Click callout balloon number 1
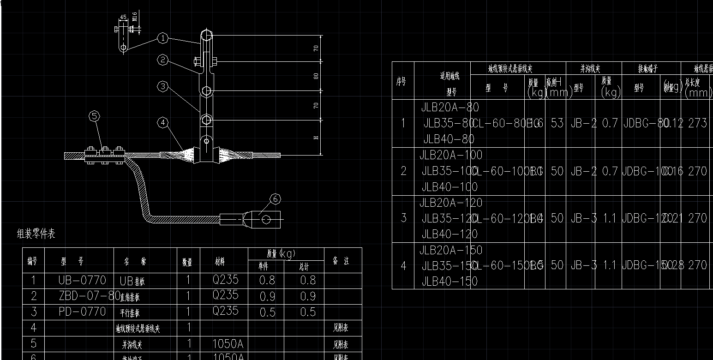[162, 39]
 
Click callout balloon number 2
[162, 60]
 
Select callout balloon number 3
[162, 86]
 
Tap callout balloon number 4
[162, 123]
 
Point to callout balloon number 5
[94, 116]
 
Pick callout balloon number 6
[275, 199]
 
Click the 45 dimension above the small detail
[123, 18]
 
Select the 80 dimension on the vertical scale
[316, 76]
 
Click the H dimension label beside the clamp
[316, 138]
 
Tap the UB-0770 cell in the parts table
[82, 280]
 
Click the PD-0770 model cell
[82, 312]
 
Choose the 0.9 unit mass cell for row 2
[267, 296]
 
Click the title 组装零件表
[36, 234]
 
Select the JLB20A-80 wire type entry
[450, 108]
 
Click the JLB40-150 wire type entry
[450, 281]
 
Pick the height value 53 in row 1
[557, 123]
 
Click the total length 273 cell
[697, 123]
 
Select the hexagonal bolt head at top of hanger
[206, 36]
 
